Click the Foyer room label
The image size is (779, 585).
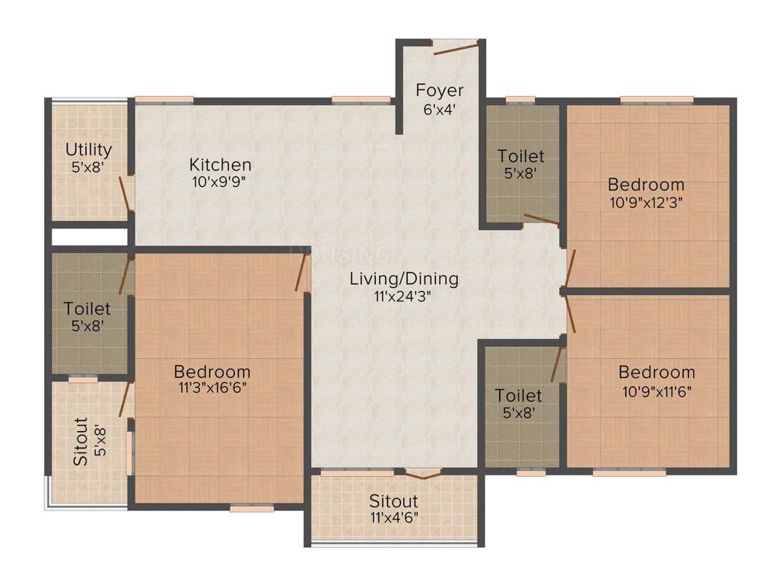(x=439, y=91)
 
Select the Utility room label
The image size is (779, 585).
(x=88, y=149)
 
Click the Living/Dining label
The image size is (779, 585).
(x=404, y=279)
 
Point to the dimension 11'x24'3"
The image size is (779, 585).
(x=404, y=296)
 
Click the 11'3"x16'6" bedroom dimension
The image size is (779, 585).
(x=211, y=388)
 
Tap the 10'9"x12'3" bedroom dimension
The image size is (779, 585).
(x=645, y=202)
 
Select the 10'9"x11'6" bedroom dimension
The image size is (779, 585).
(x=656, y=390)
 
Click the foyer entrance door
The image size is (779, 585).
(x=455, y=47)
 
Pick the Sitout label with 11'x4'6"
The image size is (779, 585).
(x=393, y=501)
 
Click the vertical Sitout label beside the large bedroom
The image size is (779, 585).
(x=81, y=441)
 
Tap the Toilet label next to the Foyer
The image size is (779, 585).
(x=520, y=156)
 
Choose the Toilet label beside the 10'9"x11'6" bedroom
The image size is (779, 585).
(x=518, y=396)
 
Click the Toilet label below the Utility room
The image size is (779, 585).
(x=87, y=309)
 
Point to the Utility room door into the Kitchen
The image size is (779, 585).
(x=126, y=192)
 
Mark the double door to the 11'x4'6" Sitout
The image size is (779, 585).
(x=422, y=474)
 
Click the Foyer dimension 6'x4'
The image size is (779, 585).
(x=439, y=108)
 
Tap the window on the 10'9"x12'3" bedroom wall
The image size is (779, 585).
(x=657, y=99)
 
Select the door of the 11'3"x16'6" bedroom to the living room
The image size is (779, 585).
(x=302, y=272)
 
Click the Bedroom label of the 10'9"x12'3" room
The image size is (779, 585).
(x=645, y=184)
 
